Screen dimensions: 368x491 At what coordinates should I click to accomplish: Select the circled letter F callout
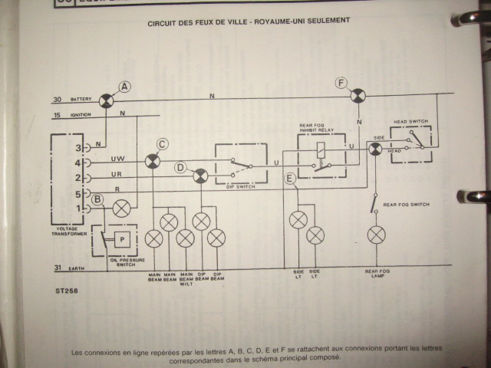pos(341,82)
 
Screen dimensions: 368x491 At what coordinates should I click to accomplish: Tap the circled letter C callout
pos(162,143)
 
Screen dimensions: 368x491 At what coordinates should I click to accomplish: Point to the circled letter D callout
pos(180,167)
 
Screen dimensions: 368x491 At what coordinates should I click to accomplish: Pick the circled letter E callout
pos(290,179)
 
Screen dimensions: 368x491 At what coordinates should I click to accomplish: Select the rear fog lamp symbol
pos(375,234)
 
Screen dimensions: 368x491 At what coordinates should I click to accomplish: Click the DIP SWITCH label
pos(240,187)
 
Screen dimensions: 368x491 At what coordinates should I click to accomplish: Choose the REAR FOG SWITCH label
pos(404,205)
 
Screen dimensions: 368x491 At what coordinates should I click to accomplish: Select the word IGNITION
pos(81,116)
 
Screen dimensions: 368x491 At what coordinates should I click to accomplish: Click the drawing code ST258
pos(68,291)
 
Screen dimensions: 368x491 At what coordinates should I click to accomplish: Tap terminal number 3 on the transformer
pos(77,146)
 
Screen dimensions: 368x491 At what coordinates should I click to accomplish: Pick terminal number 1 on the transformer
pos(77,208)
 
